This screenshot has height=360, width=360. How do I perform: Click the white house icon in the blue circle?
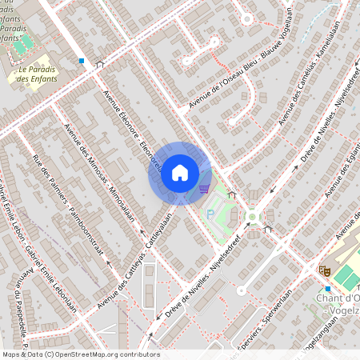click(180, 173)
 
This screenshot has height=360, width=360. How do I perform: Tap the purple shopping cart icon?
click(204, 189)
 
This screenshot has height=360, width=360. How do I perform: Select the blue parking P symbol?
click(210, 214)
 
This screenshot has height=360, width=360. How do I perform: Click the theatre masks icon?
click(324, 271)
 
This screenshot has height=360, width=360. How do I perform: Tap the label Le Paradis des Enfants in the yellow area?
click(37, 74)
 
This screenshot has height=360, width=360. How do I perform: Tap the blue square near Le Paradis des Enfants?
click(81, 60)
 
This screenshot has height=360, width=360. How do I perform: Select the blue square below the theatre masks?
click(327, 288)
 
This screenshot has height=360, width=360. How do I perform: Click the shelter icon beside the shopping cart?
click(232, 194)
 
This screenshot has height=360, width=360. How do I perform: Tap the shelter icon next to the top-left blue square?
click(100, 64)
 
